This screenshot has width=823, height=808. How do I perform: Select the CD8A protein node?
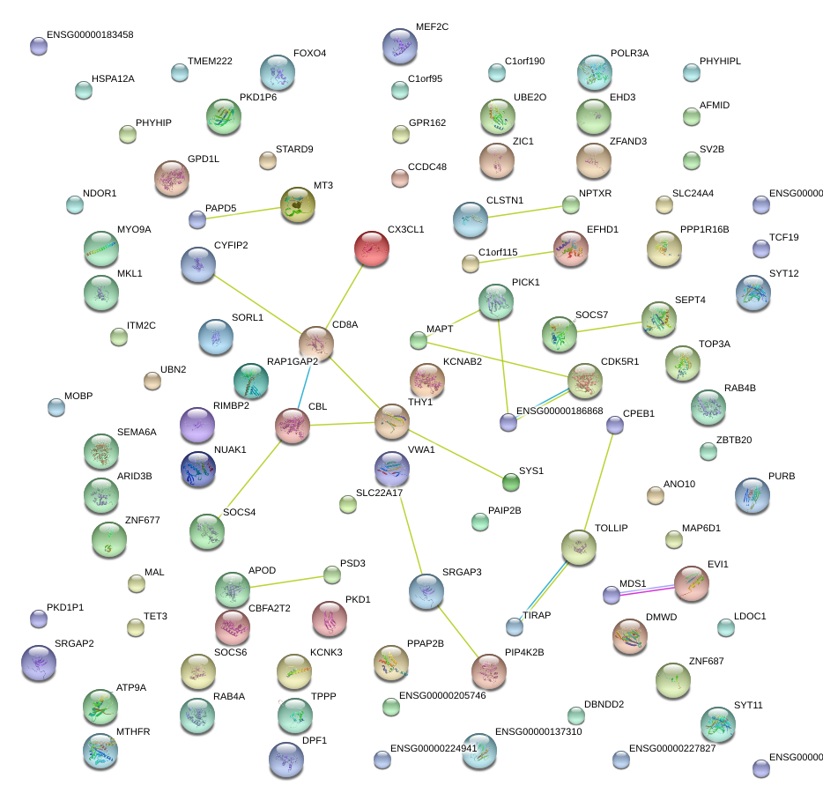[315, 343]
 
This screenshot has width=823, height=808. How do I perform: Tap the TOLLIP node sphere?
[578, 547]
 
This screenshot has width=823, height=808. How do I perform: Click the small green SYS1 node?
[510, 481]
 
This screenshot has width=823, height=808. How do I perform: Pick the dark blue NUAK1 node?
[197, 469]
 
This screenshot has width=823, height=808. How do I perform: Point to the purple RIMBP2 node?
[197, 425]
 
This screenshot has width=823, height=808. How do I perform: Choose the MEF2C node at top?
[400, 46]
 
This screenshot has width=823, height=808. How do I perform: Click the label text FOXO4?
[309, 54]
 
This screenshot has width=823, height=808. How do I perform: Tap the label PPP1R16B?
[704, 230]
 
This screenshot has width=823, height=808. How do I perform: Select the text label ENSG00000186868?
[560, 411]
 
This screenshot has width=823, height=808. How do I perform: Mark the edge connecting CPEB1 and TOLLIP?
[597, 486]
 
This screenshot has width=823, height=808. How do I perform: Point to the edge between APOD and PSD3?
[282, 581]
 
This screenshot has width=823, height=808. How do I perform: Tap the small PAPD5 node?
[197, 219]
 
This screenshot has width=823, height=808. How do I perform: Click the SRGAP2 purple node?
[38, 663]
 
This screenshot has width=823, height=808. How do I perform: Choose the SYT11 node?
[717, 724]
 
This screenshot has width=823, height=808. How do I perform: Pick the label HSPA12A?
[113, 79]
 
